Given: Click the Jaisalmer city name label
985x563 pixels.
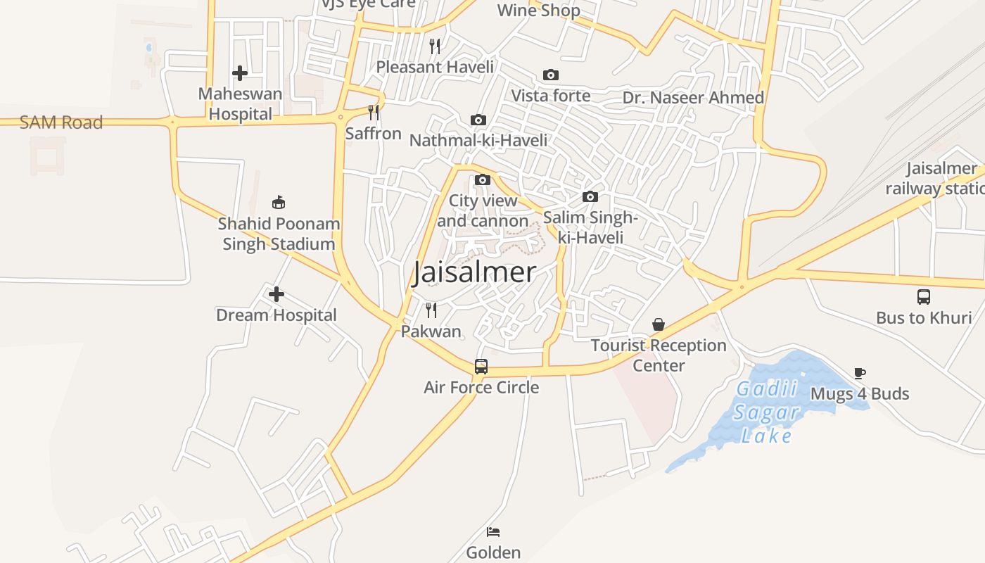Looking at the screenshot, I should [x=474, y=272].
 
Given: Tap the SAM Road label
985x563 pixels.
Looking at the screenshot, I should [x=61, y=122].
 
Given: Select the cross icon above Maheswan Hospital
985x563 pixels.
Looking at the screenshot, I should [x=240, y=72].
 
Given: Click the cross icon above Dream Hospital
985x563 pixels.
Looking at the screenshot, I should [x=277, y=293].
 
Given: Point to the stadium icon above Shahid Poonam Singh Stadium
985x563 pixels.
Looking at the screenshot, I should [x=279, y=203].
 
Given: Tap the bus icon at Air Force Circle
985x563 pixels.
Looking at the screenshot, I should [x=481, y=366].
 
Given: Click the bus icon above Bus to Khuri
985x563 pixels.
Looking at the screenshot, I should [x=924, y=297].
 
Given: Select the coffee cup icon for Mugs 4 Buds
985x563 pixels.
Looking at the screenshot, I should [x=859, y=373].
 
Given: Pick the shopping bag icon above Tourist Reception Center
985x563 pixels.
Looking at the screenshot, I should [x=659, y=324].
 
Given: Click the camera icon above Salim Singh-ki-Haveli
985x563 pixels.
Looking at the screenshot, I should [x=590, y=196].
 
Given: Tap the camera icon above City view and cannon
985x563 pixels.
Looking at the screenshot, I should [x=483, y=179].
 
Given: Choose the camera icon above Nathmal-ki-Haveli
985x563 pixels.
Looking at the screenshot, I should [x=478, y=120].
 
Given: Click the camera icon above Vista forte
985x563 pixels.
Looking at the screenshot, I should [x=551, y=75].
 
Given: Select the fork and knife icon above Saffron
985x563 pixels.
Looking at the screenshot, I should [x=374, y=112].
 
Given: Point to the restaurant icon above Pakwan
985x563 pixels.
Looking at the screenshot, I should [x=431, y=310].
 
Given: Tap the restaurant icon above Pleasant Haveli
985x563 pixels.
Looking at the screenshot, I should [x=436, y=46].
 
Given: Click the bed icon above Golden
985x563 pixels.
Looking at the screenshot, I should [x=493, y=531].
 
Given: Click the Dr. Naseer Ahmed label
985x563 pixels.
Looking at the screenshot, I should [x=693, y=98].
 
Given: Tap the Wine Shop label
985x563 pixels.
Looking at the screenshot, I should [x=539, y=11].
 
